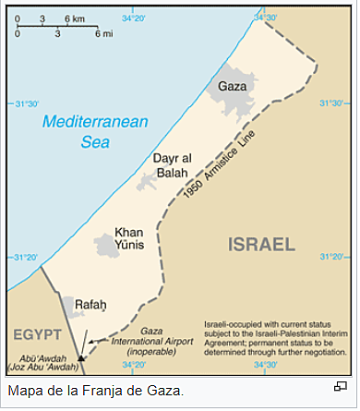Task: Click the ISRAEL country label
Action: (x=260, y=245)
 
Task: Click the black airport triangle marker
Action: (x=81, y=357)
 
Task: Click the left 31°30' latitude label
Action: (x=23, y=103)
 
